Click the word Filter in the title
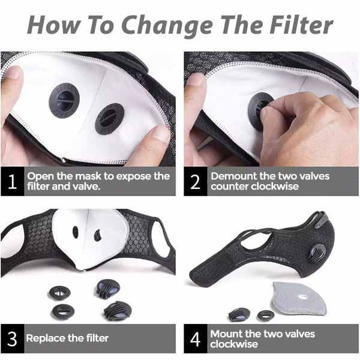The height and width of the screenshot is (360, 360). tap(301, 25)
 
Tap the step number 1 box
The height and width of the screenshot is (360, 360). tap(12, 181)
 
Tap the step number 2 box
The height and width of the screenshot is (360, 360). tap(196, 181)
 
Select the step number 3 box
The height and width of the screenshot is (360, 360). tap(12, 338)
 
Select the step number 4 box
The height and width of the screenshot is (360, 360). tap(196, 338)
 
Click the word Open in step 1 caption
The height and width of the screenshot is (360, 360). tap(41, 177)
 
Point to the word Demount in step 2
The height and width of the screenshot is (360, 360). tap(234, 176)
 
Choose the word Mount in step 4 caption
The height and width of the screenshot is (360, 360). tap(226, 334)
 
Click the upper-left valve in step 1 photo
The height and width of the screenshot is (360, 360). tap(64, 101)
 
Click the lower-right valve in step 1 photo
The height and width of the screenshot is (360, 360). tap(110, 119)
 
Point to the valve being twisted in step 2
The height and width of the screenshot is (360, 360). tap(258, 112)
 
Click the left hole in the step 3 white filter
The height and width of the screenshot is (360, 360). tap(76, 232)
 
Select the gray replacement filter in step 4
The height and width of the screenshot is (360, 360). tap(298, 298)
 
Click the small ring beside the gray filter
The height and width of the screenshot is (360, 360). tap(266, 316)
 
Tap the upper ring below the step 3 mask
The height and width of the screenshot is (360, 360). tap(59, 293)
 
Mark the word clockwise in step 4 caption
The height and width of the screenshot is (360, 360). tap(234, 344)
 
